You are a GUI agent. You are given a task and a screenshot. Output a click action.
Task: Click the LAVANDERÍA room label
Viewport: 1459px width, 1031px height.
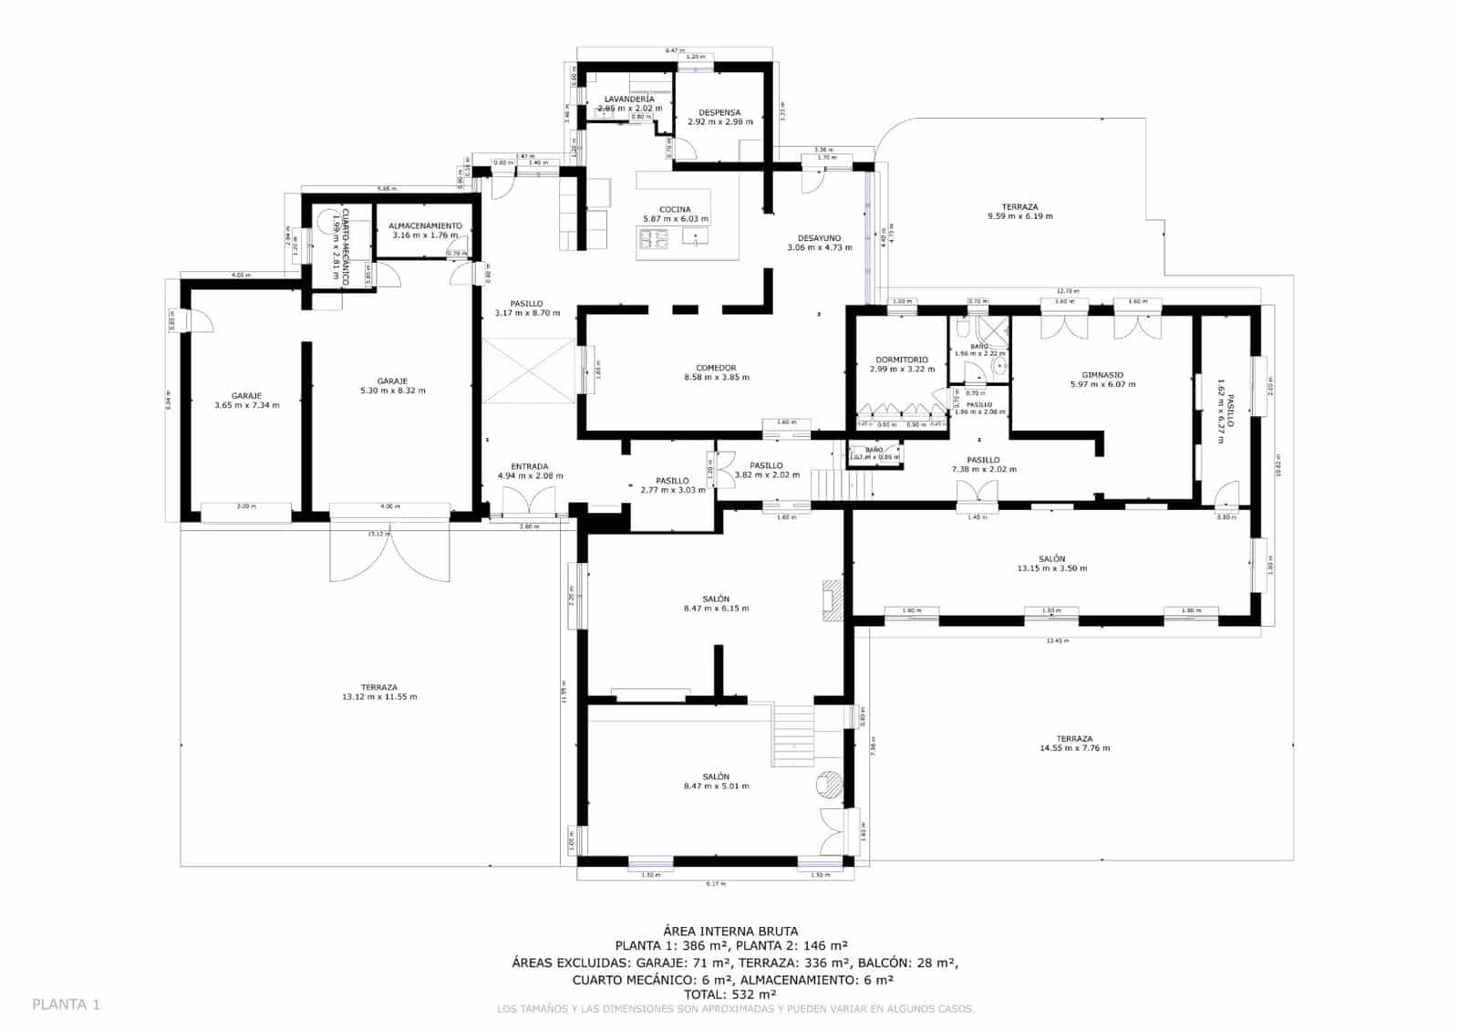(x=629, y=99)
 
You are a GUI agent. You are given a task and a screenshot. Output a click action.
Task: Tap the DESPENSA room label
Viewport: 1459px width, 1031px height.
(x=719, y=112)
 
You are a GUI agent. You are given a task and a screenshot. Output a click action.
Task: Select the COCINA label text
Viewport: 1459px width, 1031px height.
(x=675, y=209)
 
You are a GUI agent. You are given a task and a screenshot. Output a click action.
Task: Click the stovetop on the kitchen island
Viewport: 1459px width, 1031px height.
(x=653, y=238)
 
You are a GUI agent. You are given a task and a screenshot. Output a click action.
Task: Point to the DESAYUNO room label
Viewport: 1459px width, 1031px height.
(x=819, y=237)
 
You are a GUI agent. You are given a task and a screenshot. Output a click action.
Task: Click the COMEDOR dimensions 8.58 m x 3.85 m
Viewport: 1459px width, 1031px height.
(x=716, y=378)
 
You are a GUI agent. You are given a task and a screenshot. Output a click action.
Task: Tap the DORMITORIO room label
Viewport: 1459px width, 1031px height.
(x=901, y=359)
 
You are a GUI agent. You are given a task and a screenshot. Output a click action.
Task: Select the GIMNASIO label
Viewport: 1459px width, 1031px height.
(x=1102, y=374)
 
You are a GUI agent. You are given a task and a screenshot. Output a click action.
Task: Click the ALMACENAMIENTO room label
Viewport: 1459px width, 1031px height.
(x=425, y=225)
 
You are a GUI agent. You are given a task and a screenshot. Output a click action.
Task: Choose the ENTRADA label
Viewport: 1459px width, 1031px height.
(x=529, y=466)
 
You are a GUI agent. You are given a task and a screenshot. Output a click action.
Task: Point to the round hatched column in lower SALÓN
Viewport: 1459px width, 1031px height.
(x=829, y=783)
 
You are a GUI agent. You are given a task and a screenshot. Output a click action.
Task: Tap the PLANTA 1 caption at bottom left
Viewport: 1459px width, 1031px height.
(x=66, y=1005)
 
